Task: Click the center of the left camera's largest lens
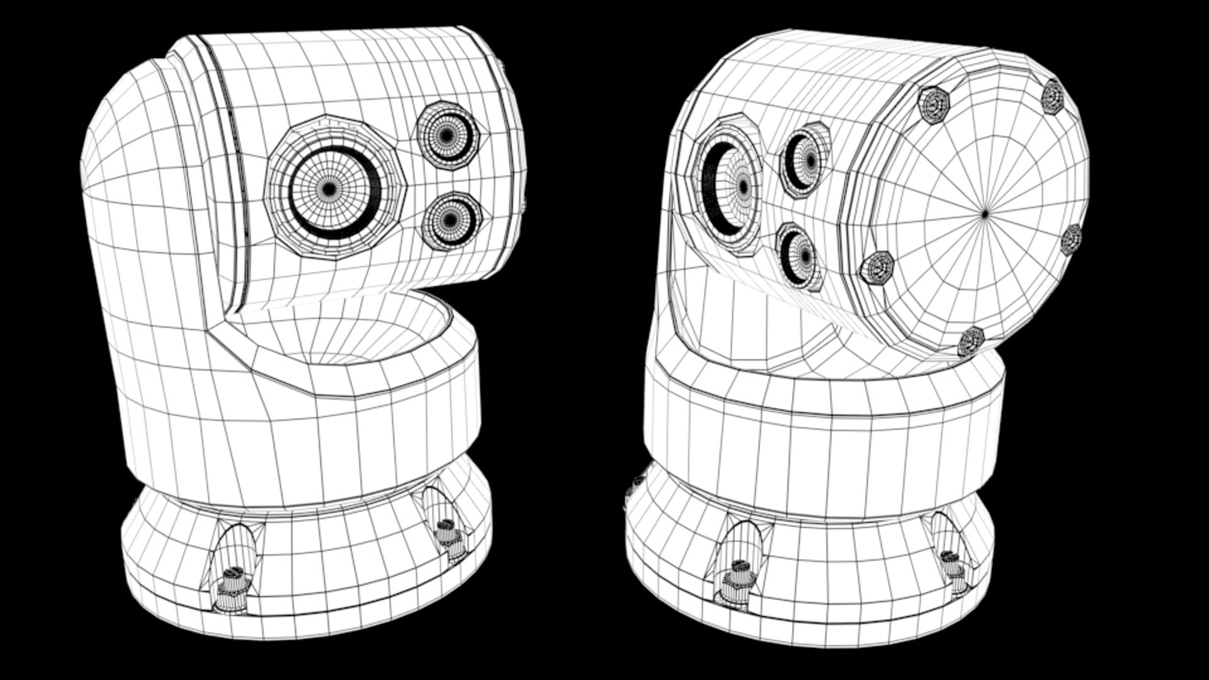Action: coord(329,188)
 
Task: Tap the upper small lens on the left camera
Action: coord(447,134)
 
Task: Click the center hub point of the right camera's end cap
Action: coord(985,214)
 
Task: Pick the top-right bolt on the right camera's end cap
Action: coord(1052,96)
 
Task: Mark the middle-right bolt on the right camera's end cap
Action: coord(1071,239)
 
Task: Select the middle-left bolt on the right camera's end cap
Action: coord(877,268)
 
